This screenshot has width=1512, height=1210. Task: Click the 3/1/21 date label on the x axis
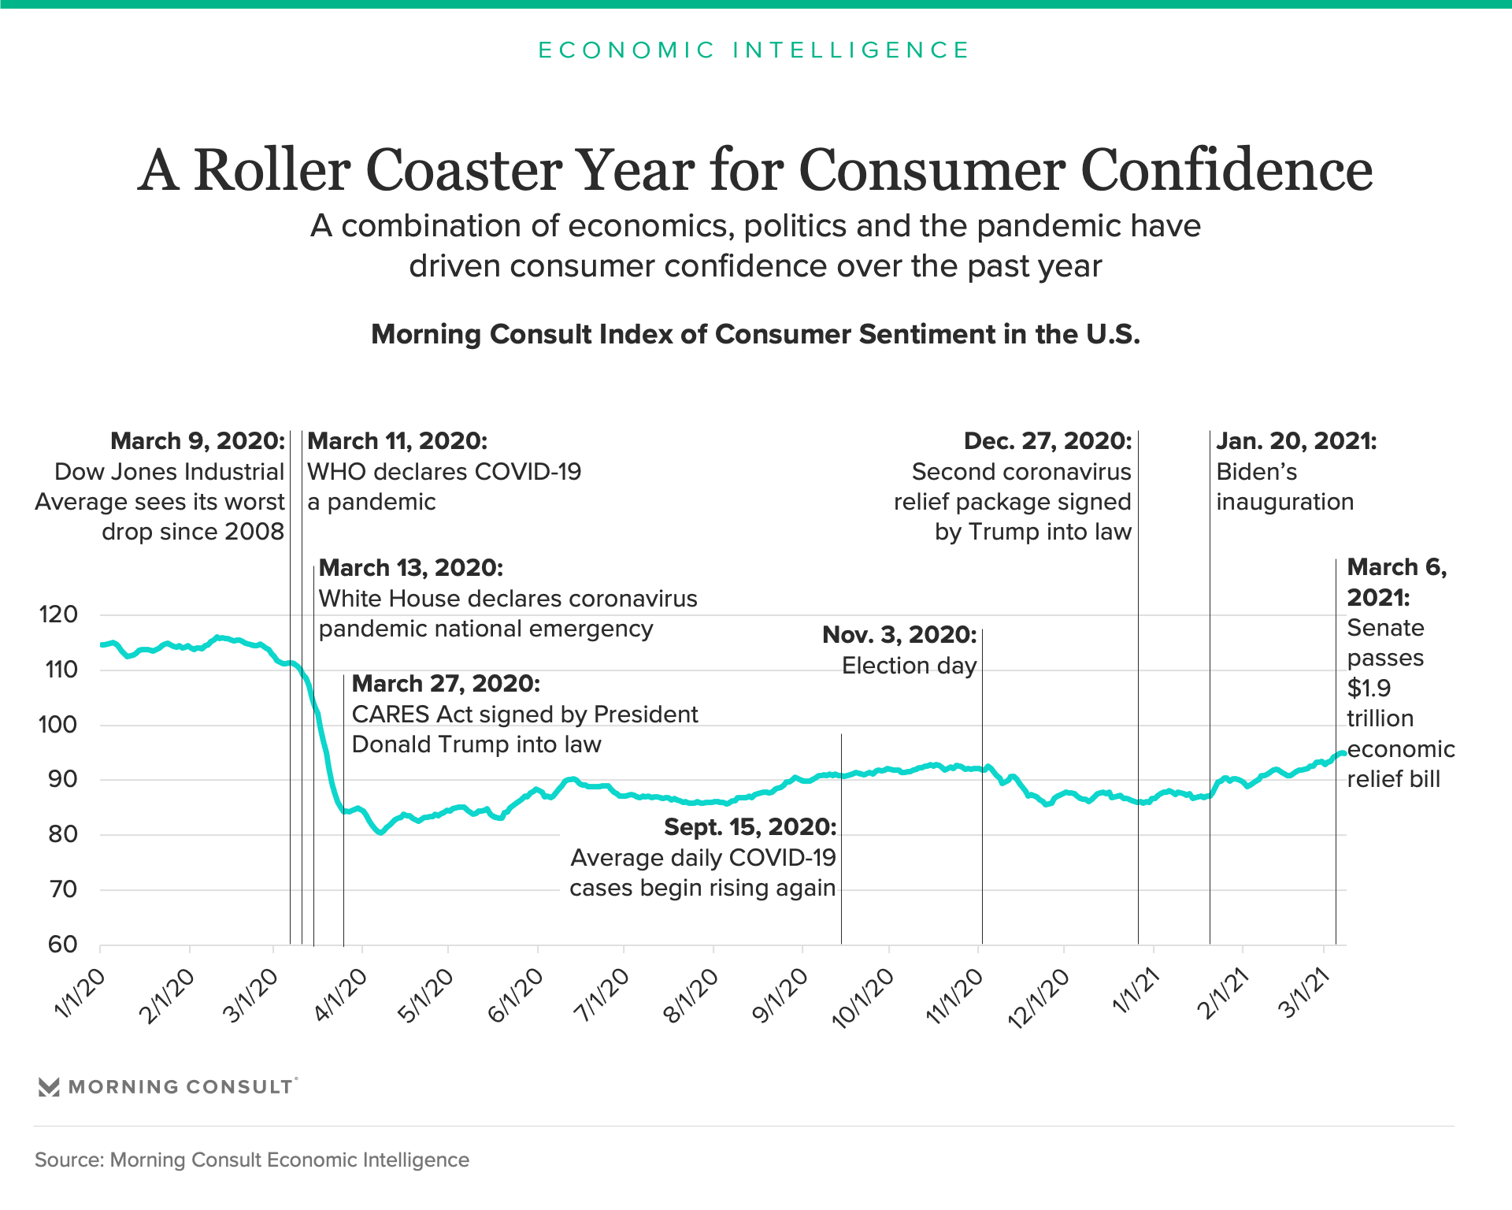(x=1304, y=995)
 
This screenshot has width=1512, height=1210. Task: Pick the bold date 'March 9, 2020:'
(x=198, y=441)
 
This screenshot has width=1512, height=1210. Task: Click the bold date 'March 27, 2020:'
(x=446, y=684)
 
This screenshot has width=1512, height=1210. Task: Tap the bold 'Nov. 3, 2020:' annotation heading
(x=899, y=635)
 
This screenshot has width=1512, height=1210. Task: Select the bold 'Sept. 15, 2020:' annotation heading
(x=750, y=827)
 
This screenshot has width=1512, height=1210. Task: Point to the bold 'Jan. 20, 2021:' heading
(x=1296, y=441)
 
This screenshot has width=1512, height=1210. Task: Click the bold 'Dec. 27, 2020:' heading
(x=1047, y=441)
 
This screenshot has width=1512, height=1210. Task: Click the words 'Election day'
(x=909, y=666)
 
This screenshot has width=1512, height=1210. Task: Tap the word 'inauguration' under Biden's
(x=1284, y=502)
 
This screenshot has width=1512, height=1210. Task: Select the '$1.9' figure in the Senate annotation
(x=1369, y=689)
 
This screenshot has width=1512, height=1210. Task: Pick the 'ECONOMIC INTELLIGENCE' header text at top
(x=754, y=50)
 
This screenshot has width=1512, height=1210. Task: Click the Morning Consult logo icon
(x=49, y=1087)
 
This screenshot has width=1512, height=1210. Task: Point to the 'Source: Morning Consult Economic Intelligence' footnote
(x=252, y=1160)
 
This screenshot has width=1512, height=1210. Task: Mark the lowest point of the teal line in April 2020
(x=381, y=832)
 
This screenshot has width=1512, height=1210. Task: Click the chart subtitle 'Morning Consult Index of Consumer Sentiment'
(x=754, y=334)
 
